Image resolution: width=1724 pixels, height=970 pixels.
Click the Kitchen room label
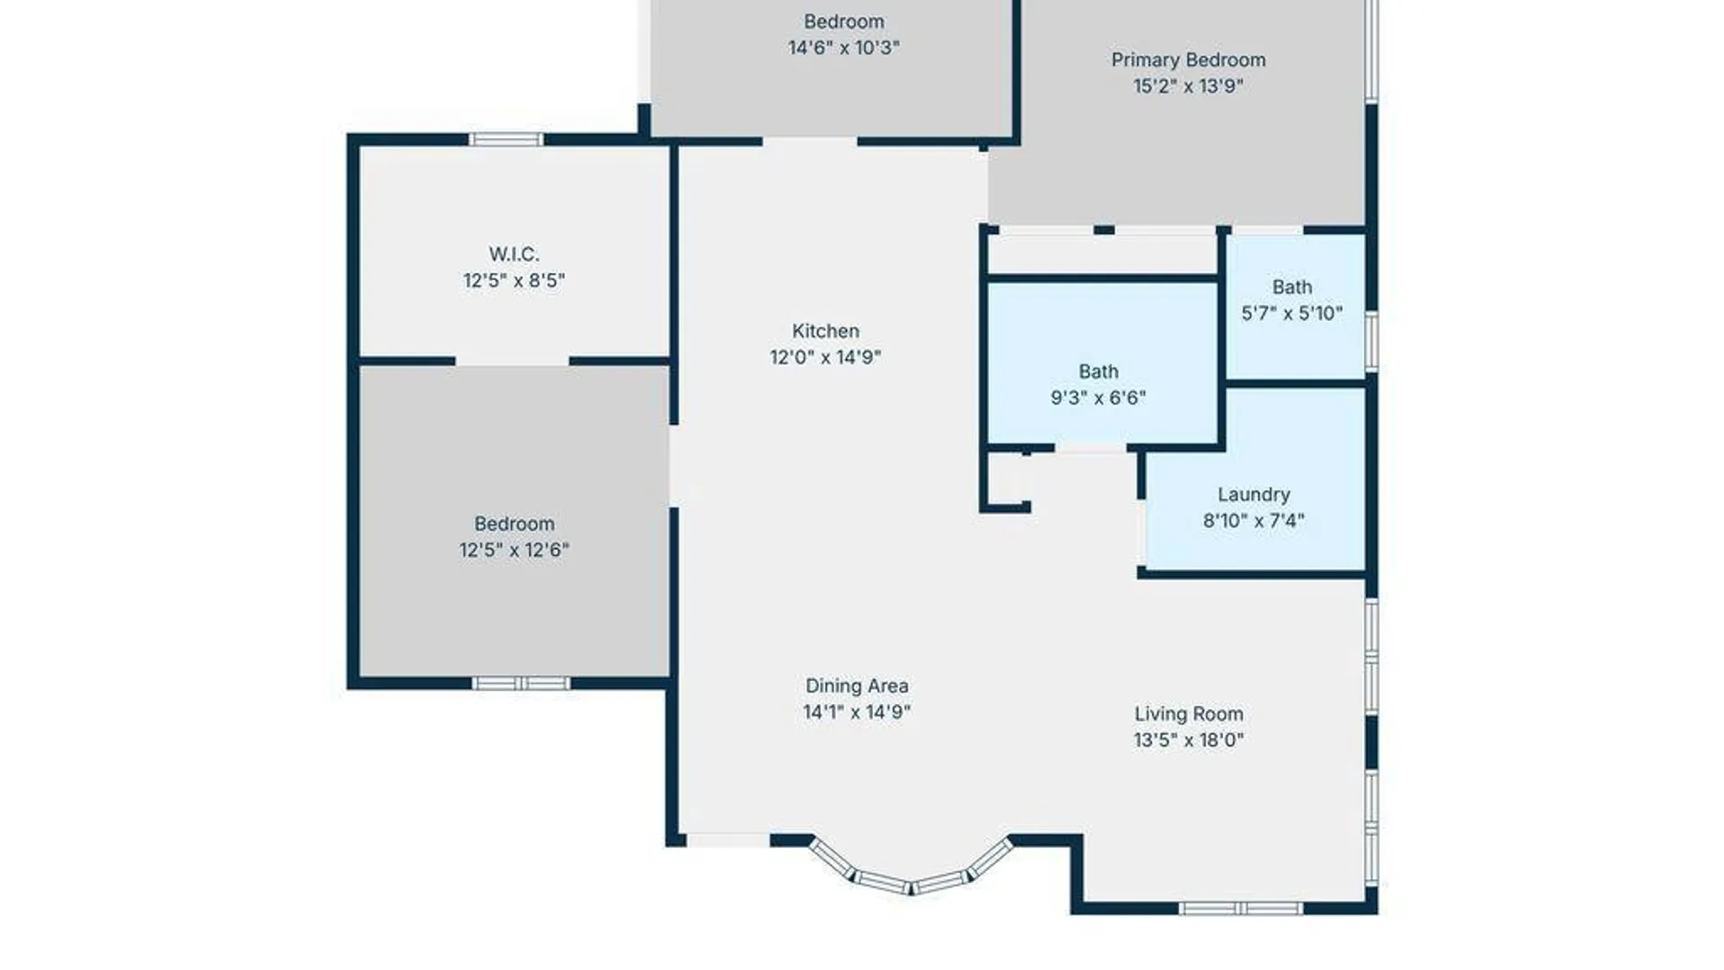tap(825, 331)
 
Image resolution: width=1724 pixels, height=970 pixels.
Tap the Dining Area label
tap(857, 686)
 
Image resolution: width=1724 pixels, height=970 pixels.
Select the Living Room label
tap(1189, 714)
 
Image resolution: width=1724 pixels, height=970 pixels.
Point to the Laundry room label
tap(1253, 495)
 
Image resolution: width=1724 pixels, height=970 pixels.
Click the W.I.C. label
tap(514, 254)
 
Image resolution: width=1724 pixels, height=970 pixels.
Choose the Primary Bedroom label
tap(1188, 60)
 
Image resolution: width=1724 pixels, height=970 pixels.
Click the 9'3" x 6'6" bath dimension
tap(1098, 398)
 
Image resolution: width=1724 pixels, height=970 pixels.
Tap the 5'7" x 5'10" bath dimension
tap(1292, 313)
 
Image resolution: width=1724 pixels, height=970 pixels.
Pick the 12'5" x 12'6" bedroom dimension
tap(514, 550)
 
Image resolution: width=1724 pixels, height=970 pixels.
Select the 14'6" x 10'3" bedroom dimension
tap(843, 48)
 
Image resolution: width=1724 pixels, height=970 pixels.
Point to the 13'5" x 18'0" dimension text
tap(1189, 740)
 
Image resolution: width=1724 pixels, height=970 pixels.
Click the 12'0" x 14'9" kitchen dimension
tap(825, 357)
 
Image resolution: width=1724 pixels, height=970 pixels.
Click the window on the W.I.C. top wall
tap(506, 139)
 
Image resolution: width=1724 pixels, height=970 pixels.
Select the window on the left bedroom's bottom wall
tap(521, 683)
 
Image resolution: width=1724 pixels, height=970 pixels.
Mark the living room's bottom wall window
tap(1240, 909)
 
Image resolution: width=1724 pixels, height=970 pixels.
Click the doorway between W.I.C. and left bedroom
tap(513, 361)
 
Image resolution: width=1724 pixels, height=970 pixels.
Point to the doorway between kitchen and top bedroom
tap(810, 141)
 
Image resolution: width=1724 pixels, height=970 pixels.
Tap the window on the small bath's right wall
tap(1371, 340)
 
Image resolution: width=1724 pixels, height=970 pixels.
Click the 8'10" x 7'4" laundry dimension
tap(1253, 521)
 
